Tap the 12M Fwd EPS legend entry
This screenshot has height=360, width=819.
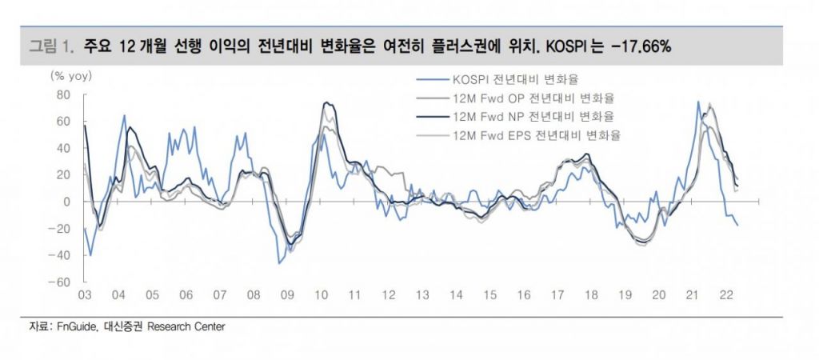(x=536, y=134)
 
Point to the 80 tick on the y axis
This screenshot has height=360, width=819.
(x=64, y=94)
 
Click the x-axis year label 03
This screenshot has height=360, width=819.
(x=84, y=296)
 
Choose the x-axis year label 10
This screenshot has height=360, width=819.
(x=321, y=296)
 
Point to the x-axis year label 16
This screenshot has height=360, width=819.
(x=524, y=296)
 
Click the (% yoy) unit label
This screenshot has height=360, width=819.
(x=72, y=76)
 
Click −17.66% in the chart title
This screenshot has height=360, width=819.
(x=640, y=46)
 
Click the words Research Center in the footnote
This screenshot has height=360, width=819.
(x=190, y=326)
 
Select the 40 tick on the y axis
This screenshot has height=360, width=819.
(x=64, y=148)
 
